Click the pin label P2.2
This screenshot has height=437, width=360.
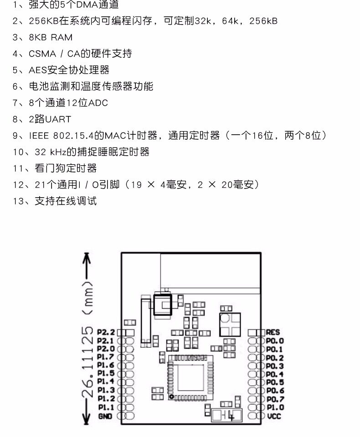[x=106, y=332]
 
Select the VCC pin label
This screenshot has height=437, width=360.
[x=274, y=417]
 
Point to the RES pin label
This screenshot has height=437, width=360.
[x=273, y=332]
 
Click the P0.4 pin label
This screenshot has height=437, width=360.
[x=275, y=374]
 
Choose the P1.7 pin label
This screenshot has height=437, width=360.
[x=106, y=357]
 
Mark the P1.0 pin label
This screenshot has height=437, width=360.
[x=275, y=408]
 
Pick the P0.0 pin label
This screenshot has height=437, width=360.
[x=275, y=340]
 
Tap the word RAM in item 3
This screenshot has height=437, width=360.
[x=61, y=37]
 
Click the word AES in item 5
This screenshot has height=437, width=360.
[x=38, y=70]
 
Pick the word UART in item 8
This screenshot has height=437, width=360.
[x=58, y=119]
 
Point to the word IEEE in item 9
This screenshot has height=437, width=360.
[x=39, y=136]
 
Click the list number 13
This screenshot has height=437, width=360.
[x=18, y=201]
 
